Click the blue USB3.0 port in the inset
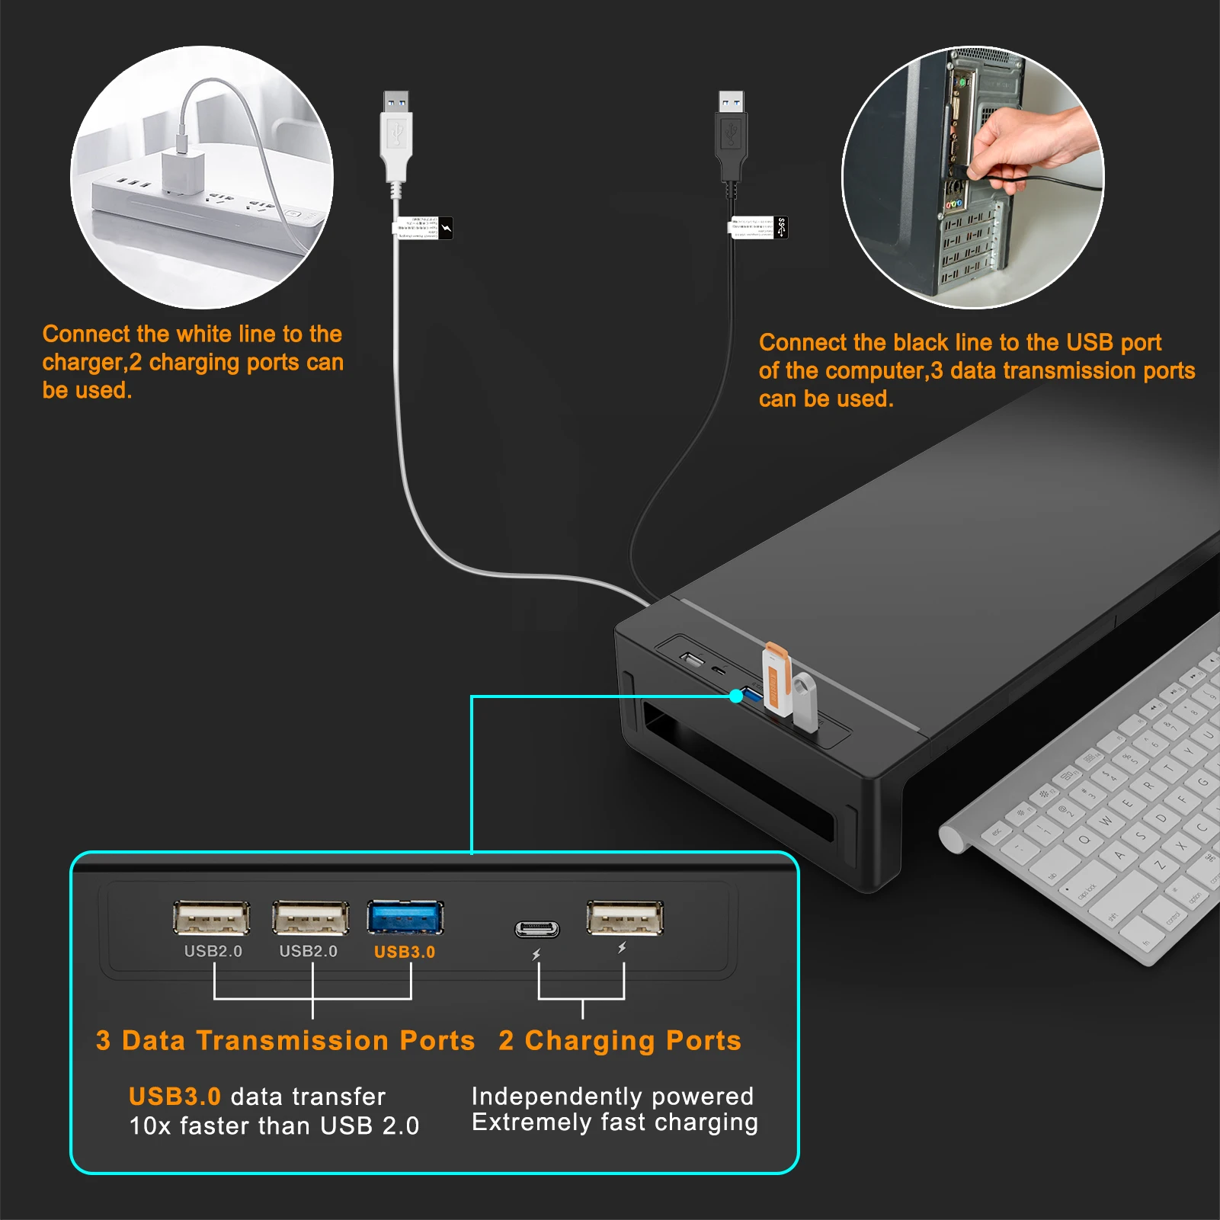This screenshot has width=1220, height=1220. [x=405, y=917]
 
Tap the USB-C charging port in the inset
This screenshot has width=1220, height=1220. [x=537, y=929]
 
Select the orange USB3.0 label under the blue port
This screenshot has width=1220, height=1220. [x=405, y=952]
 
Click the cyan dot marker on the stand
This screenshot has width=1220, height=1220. [x=736, y=696]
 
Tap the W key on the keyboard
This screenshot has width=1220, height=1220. [x=1106, y=821]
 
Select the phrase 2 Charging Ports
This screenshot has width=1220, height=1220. [x=620, y=1041]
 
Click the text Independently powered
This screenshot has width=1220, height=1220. [x=612, y=1096]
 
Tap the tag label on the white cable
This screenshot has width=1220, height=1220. [x=422, y=228]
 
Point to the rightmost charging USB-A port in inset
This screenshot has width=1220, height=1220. [x=625, y=917]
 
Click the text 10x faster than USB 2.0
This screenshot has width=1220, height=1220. [x=274, y=1126]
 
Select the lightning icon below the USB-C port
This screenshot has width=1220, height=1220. [x=536, y=955]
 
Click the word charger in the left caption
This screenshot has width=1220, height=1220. [x=82, y=363]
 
